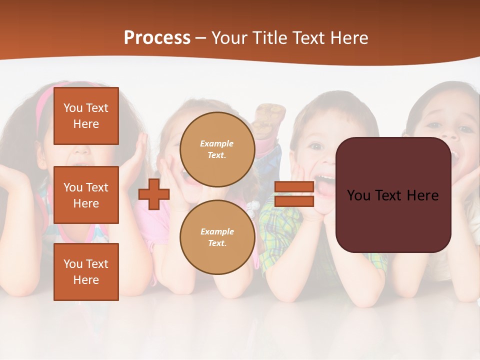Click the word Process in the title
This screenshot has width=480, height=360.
pyautogui.click(x=157, y=38)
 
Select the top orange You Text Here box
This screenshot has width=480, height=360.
pyautogui.click(x=86, y=116)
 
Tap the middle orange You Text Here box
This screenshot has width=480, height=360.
pyautogui.click(x=86, y=195)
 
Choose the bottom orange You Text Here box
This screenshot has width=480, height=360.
pyautogui.click(x=86, y=272)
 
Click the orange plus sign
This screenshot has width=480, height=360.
pyautogui.click(x=154, y=194)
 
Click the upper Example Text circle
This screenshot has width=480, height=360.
pyautogui.click(x=217, y=149)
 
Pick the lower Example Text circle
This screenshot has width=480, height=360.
pyautogui.click(x=217, y=237)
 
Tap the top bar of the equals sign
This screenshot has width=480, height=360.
pyautogui.click(x=294, y=187)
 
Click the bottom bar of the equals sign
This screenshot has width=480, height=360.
pyautogui.click(x=294, y=201)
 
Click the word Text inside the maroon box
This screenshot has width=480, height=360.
pyautogui.click(x=392, y=195)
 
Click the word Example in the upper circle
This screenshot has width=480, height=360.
pyautogui.click(x=217, y=143)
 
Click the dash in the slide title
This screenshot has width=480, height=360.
pyautogui.click(x=201, y=38)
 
